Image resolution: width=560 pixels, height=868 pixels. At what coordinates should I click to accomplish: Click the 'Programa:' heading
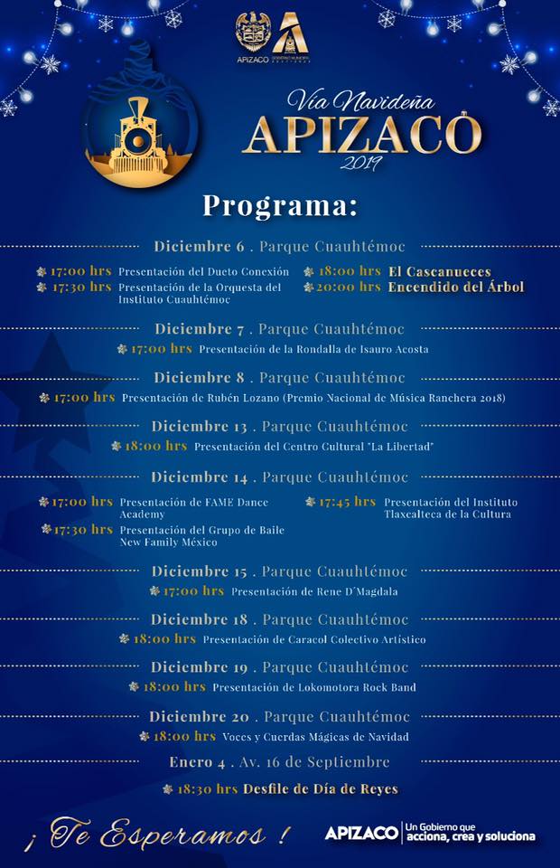pos(279,205)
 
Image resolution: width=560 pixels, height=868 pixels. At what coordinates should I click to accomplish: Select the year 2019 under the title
pos(360,164)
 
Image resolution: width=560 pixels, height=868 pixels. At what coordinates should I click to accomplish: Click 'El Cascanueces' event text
pos(440,271)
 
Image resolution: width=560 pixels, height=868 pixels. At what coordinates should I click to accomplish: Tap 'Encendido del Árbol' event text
pos(456,288)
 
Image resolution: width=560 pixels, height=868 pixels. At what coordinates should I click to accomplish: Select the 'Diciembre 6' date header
pos(199,246)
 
